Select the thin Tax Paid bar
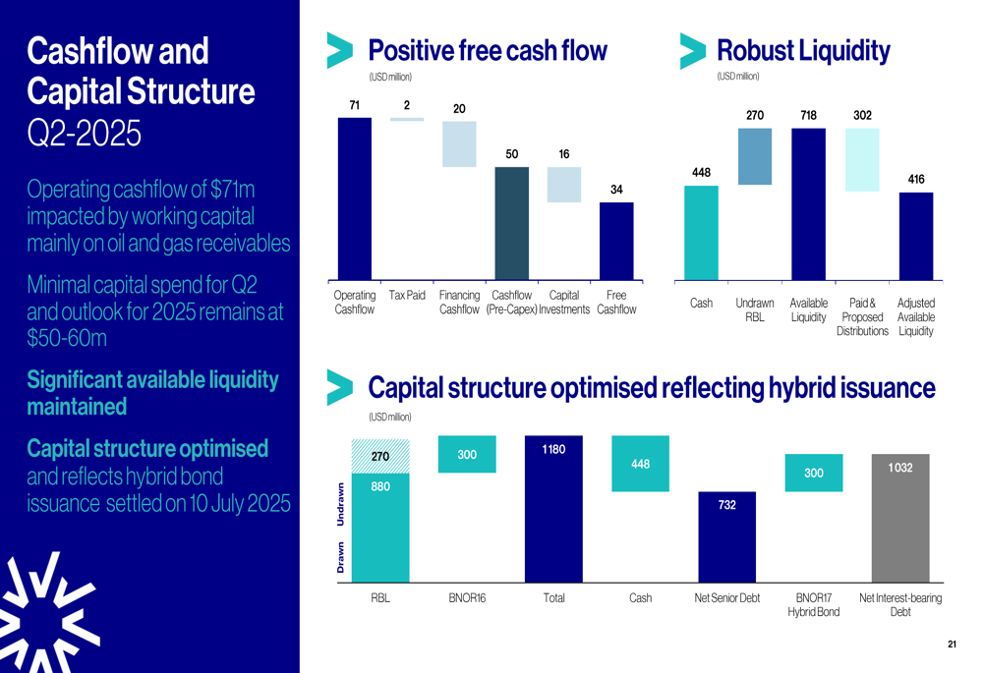coord(407,119)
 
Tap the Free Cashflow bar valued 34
coord(616,241)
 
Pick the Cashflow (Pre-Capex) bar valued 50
coord(511,223)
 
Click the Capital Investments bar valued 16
coord(564,185)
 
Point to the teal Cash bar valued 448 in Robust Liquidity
coord(701,233)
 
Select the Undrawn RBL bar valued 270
coord(755,156)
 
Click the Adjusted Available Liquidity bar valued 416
coord(916,236)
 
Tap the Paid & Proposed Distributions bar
coord(862,159)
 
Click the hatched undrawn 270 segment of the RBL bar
coord(380,455)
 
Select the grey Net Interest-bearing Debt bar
coord(899,518)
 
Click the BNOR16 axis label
coord(467,597)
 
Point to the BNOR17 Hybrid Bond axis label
coord(813,604)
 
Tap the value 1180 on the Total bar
coord(553,449)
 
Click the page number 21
coord(952,645)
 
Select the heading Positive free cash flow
coord(487,50)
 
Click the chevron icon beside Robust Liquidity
coord(693,51)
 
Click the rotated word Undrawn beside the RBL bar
coord(341,504)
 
